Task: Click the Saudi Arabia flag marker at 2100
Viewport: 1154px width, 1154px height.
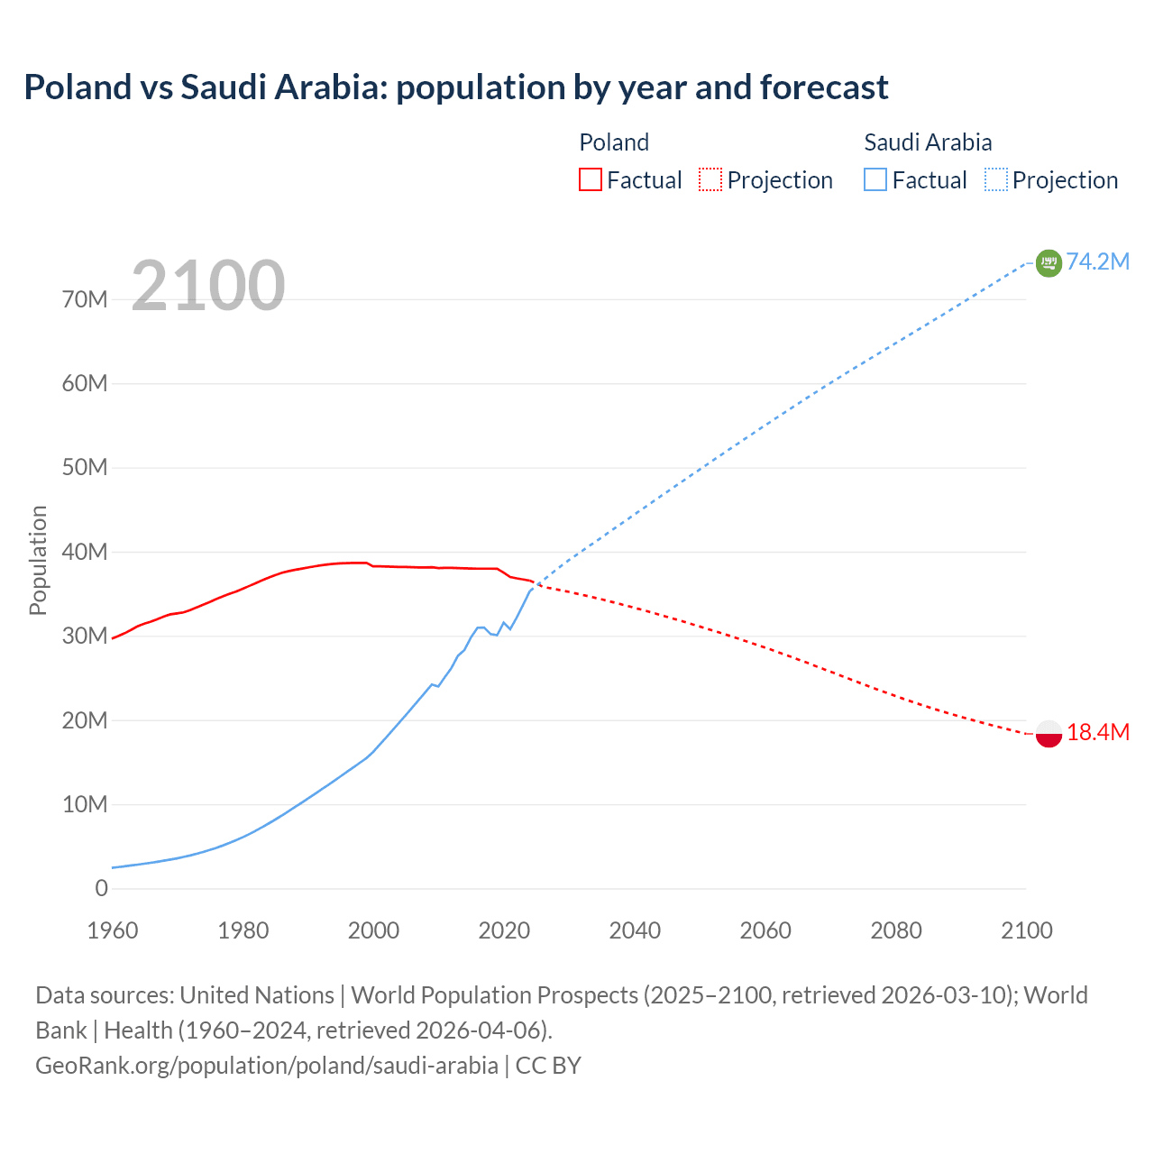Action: (1049, 262)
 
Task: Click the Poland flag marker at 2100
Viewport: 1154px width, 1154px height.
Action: (1049, 733)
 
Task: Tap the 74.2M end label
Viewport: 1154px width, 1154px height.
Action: (1097, 261)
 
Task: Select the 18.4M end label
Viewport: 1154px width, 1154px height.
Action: (1097, 732)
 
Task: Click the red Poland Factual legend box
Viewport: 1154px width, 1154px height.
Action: (590, 179)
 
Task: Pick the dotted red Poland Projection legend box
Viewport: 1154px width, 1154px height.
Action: (710, 179)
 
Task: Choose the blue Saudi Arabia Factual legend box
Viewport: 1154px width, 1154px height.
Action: (875, 179)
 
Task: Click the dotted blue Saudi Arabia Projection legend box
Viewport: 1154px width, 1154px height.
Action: (996, 179)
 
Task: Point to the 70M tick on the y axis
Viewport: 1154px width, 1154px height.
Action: (85, 299)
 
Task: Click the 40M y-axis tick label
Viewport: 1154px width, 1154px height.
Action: (85, 552)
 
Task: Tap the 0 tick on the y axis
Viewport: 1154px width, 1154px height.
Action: (101, 888)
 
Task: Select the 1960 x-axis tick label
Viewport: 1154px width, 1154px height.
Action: (113, 930)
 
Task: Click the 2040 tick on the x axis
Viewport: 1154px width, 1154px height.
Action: (635, 930)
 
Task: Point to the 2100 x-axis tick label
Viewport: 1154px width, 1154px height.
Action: (1026, 930)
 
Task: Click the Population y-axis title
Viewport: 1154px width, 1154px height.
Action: (38, 560)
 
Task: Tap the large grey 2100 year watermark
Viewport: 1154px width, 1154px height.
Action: (208, 286)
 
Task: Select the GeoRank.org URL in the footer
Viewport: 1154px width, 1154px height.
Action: (266, 1065)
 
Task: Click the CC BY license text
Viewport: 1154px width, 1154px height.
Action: (548, 1065)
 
